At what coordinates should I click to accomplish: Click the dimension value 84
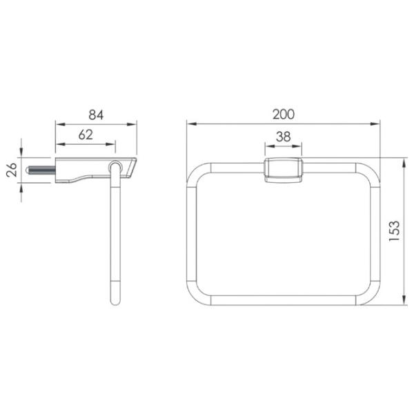(96, 115)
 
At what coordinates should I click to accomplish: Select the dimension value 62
(86, 135)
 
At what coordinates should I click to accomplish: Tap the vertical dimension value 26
(12, 170)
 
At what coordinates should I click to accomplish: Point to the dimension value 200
(284, 115)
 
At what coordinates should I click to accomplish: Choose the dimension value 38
(284, 137)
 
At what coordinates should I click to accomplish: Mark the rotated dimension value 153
(395, 231)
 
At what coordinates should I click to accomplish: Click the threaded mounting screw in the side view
(41, 170)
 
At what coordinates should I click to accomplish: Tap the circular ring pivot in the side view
(115, 166)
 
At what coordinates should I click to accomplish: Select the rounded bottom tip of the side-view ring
(115, 301)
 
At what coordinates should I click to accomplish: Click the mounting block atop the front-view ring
(284, 170)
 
